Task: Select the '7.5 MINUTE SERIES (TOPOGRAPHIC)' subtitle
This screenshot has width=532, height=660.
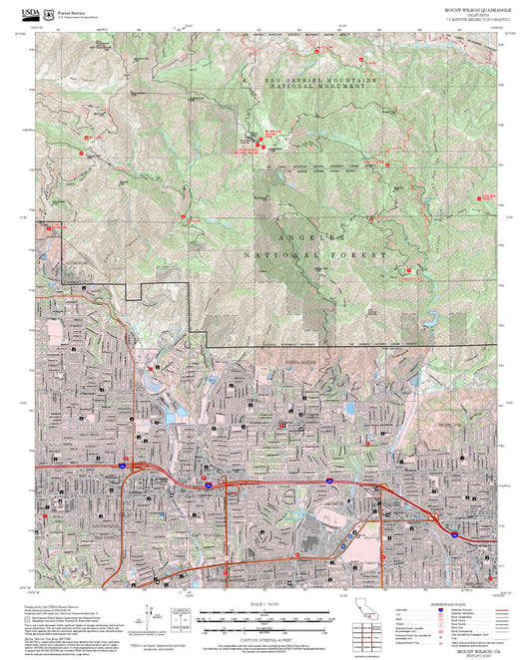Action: point(475,19)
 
